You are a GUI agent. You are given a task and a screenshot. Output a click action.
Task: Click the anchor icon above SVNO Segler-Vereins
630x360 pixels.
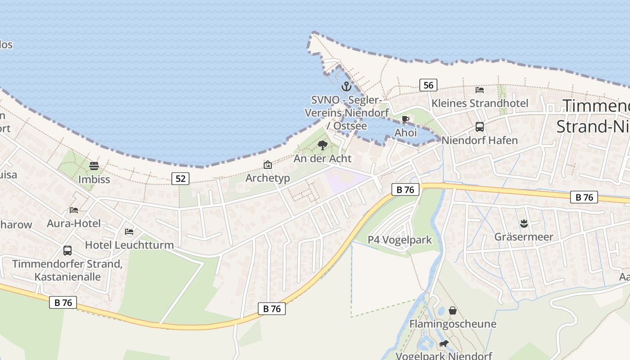coord(346,86)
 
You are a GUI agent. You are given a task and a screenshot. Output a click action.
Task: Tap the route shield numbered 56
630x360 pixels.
coord(428,85)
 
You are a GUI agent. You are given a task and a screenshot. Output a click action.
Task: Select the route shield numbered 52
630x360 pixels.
coord(180,179)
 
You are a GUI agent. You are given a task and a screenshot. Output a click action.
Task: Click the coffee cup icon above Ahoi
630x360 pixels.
coord(405,120)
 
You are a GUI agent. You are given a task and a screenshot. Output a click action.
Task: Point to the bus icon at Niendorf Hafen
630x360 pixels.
coord(480,127)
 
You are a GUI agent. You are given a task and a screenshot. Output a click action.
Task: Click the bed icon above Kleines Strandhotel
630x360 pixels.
coord(480,90)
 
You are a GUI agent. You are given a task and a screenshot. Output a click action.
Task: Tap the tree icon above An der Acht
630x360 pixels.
coord(322,145)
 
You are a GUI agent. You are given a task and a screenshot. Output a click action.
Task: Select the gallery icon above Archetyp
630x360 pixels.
coord(268,165)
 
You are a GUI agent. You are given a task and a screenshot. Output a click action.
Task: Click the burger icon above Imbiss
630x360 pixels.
coord(94,166)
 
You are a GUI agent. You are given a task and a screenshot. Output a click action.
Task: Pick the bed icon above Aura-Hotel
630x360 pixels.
coord(74,210)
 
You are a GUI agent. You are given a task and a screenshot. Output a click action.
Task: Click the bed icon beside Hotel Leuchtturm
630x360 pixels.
coord(129,232)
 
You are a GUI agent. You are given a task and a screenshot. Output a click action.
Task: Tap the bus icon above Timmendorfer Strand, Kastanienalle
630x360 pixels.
coord(67,250)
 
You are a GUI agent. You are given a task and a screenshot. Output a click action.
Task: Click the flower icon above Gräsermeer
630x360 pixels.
coord(524,223)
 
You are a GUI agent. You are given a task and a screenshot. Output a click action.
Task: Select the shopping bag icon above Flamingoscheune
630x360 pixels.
coord(453,310)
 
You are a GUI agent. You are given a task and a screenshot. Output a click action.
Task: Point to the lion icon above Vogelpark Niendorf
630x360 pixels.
coord(444,344)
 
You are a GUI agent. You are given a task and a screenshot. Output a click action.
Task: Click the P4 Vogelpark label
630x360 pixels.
coord(400,240)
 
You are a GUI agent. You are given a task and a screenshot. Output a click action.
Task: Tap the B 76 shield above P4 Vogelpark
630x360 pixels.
coord(405,190)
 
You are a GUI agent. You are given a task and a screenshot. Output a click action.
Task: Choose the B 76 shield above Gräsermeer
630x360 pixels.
coord(584,197)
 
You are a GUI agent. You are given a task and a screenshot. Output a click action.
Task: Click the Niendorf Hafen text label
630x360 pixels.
coord(480,140)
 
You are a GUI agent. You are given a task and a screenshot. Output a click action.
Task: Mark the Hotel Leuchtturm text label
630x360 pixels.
coord(129,245)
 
